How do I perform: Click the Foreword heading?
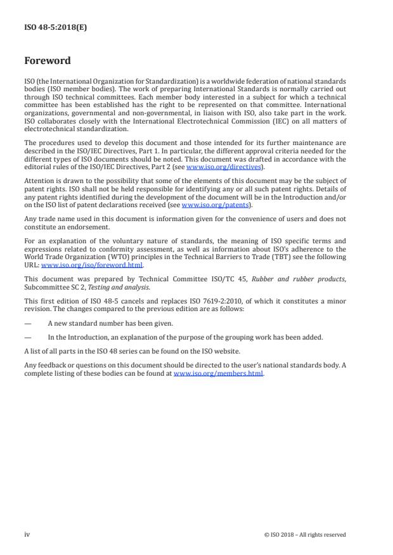coord(47,61)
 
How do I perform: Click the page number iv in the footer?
coord(27,534)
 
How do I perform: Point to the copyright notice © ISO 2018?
coord(304,535)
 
